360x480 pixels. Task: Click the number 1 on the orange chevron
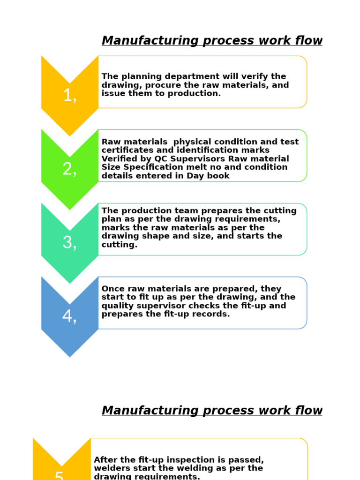coord(68,96)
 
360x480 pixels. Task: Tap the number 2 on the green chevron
coord(68,169)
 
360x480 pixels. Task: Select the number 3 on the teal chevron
coord(68,243)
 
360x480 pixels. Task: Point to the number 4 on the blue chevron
coord(68,316)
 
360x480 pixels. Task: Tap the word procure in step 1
coord(164,85)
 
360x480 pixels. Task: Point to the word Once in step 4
coord(113,289)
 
